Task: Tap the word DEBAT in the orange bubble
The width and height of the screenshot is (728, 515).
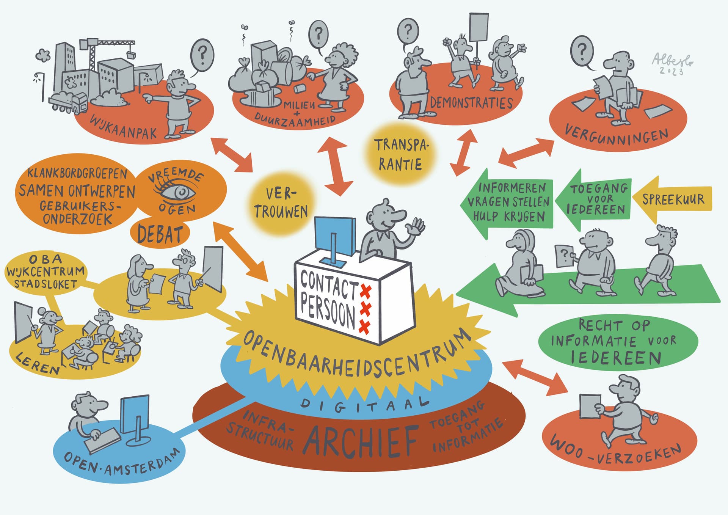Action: click(160, 234)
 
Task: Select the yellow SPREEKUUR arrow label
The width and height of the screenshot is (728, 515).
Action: click(673, 199)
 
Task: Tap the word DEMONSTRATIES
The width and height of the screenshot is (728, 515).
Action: click(471, 103)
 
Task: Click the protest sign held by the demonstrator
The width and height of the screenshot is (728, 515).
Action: click(478, 27)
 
